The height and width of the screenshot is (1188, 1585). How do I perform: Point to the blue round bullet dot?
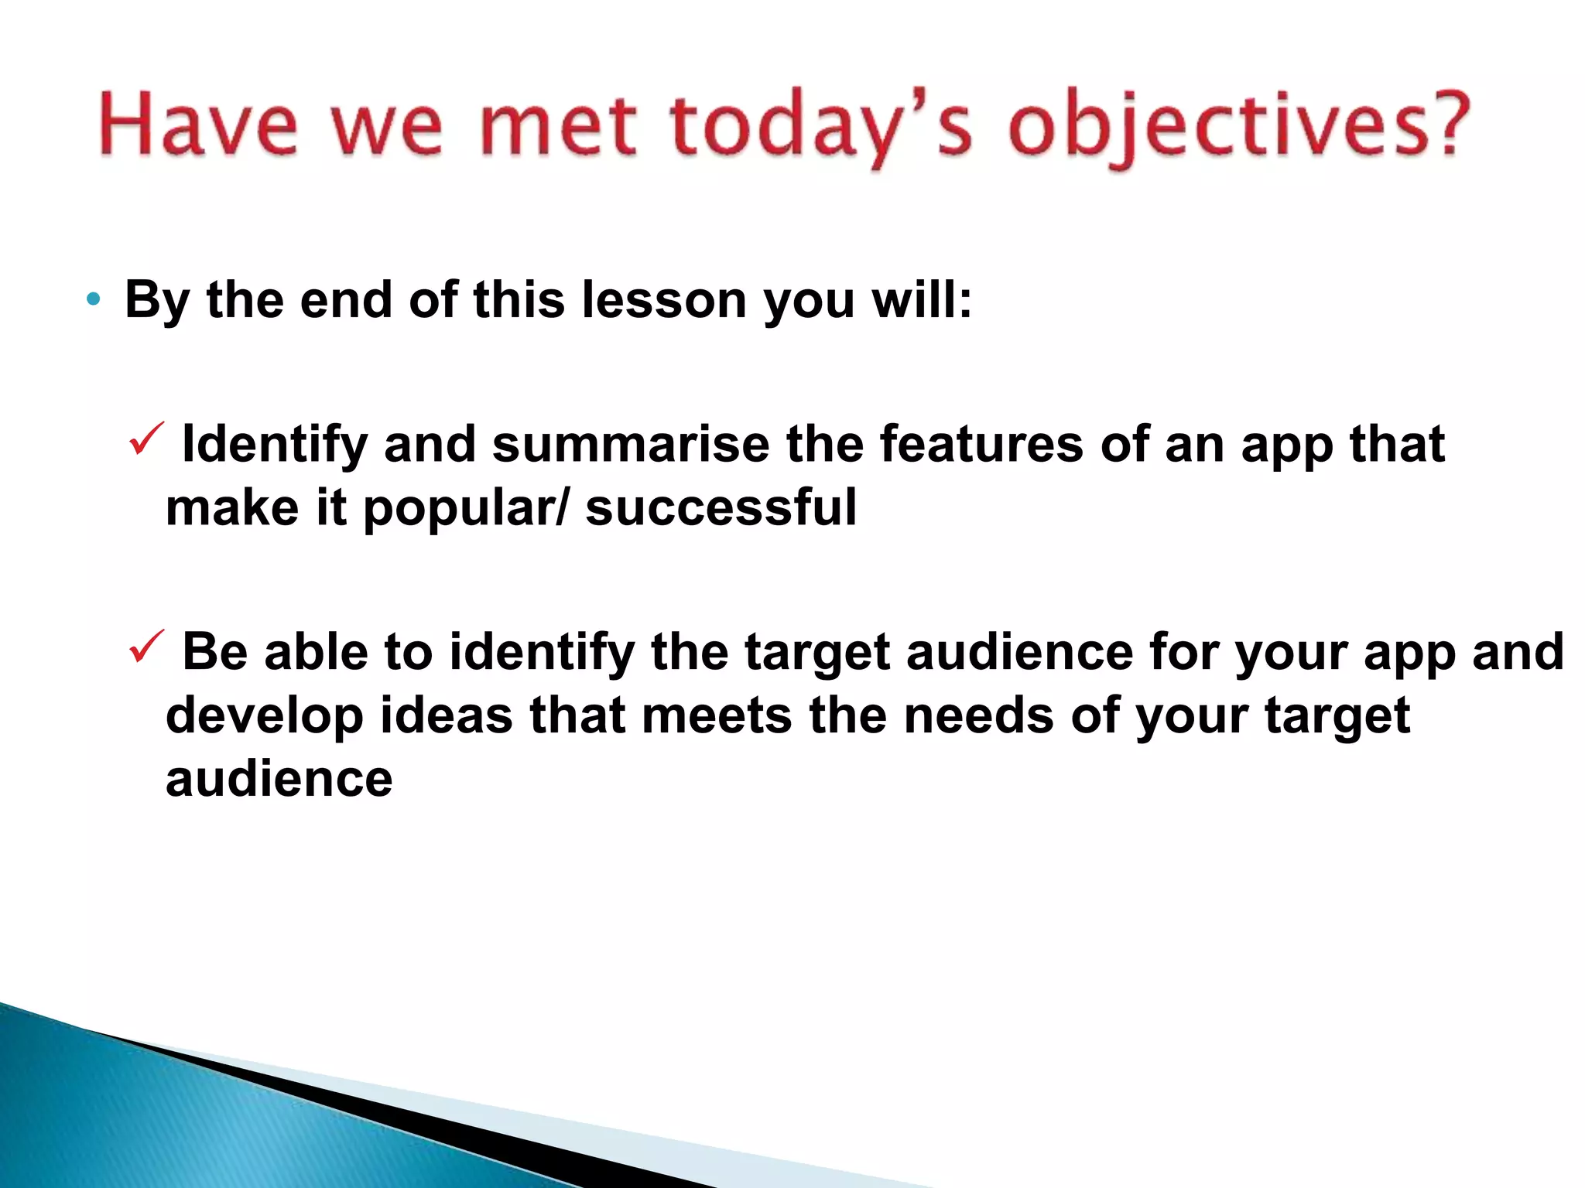click(94, 299)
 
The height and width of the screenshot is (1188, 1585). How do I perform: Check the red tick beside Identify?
click(145, 439)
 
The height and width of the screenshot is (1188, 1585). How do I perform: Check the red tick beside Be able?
click(145, 646)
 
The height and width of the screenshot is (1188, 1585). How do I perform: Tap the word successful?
click(721, 508)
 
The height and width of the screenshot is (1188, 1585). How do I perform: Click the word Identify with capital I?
click(275, 445)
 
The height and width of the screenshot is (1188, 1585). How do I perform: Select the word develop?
click(265, 716)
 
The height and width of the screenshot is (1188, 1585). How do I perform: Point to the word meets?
click(717, 715)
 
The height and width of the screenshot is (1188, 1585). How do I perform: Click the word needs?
click(978, 715)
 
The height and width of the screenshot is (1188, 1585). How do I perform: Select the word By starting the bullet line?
click(157, 301)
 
